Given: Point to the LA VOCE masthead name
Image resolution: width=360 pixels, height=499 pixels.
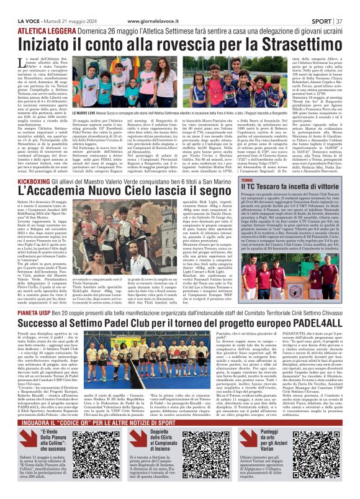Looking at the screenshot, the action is point(22,5).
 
